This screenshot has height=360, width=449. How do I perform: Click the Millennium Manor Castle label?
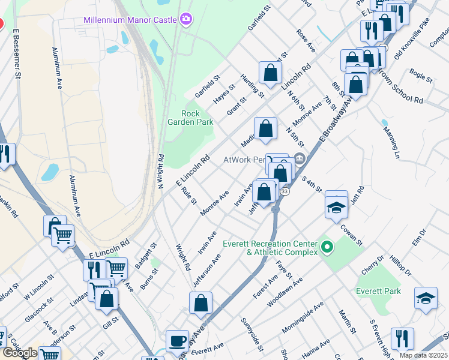pyautogui.click(x=129, y=20)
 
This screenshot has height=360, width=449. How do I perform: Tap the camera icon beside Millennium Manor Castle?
pyautogui.click(x=185, y=20)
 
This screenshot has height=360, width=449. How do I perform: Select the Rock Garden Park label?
pyautogui.click(x=197, y=118)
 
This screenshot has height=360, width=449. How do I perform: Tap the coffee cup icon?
pyautogui.click(x=176, y=341)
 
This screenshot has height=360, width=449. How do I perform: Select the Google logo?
pyautogui.click(x=19, y=353)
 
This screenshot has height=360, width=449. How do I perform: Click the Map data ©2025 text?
pyautogui.click(x=423, y=355)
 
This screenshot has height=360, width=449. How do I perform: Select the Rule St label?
pyautogui.click(x=188, y=194)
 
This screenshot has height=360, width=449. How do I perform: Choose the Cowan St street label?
pyautogui.click(x=352, y=234)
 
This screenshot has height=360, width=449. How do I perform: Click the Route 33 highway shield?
pyautogui.click(x=285, y=191)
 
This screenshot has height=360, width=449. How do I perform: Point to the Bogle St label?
pyautogui.click(x=420, y=76)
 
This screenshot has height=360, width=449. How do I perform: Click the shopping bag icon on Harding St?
pyautogui.click(x=270, y=73)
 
